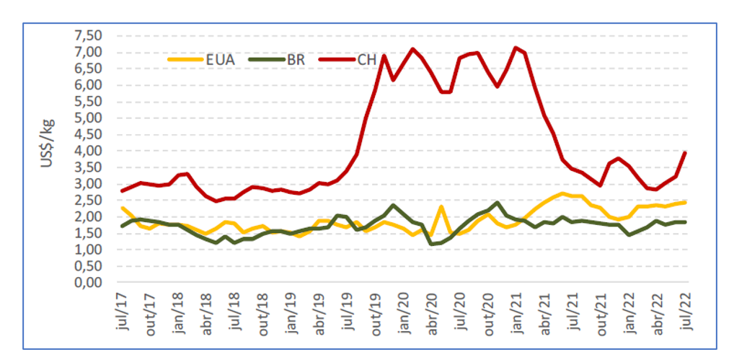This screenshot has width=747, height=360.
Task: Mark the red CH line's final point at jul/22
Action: [685, 153]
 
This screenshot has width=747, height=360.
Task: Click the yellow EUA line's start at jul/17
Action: [123, 208]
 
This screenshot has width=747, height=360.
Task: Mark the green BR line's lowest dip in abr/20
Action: [432, 244]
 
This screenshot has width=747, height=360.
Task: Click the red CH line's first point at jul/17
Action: [123, 191]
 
